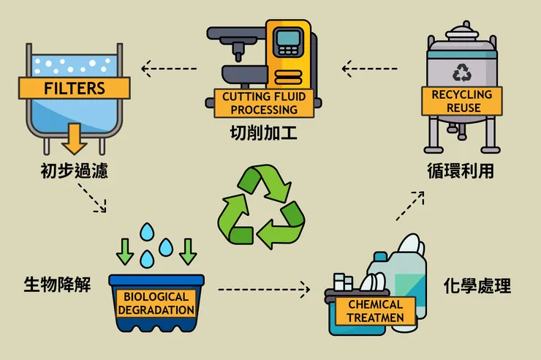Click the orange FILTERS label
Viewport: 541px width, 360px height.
[74, 88]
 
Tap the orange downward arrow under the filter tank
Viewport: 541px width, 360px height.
[74, 138]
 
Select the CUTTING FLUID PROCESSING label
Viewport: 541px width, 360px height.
[264, 103]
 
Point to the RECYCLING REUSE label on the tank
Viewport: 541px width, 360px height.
[462, 101]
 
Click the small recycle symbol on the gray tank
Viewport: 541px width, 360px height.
[462, 72]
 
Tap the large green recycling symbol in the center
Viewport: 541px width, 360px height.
[261, 206]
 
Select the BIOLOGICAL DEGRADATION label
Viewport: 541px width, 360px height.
[156, 303]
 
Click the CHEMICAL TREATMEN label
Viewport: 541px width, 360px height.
[375, 311]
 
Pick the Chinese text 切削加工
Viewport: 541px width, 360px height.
[264, 133]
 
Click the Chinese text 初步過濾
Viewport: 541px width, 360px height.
[74, 170]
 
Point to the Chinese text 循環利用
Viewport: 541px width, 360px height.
[461, 170]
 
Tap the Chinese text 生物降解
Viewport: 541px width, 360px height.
[57, 285]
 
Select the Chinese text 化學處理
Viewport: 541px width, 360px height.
[477, 286]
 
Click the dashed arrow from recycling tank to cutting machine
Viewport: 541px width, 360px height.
[369, 69]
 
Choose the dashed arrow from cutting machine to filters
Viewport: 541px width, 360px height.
[169, 69]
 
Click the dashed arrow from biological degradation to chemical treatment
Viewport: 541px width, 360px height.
[264, 290]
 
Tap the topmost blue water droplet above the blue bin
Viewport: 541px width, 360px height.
[147, 232]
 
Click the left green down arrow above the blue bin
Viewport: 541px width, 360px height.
[124, 251]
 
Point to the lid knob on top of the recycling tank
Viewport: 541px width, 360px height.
[467, 25]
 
